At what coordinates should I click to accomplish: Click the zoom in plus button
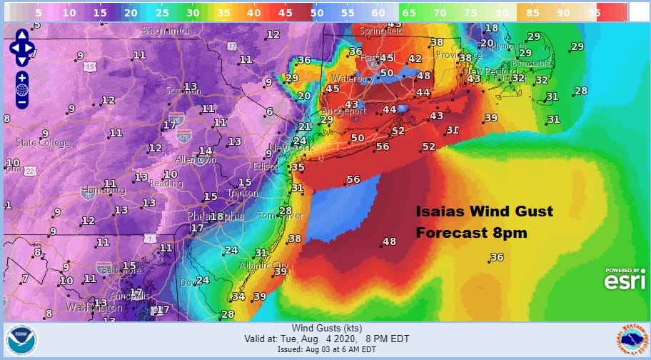coord(21,77)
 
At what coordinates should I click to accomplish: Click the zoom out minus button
coord(21,102)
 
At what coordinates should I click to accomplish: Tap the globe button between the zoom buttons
coord(21,90)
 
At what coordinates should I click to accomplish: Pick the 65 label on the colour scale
coord(409,12)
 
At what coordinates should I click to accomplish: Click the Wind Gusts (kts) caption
coord(325,328)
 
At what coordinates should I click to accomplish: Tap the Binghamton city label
coord(167,31)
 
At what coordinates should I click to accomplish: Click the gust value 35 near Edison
coord(298,167)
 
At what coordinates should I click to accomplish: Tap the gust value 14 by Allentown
coord(205,151)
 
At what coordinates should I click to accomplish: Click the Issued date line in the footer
coord(325,350)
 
